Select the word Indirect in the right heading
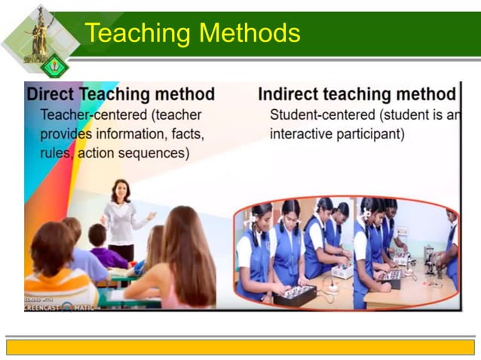[x=290, y=95]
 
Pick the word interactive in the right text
[x=303, y=134]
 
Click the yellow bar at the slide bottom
[x=240, y=346]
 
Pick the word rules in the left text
[x=56, y=152]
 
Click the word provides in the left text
[x=67, y=134]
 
